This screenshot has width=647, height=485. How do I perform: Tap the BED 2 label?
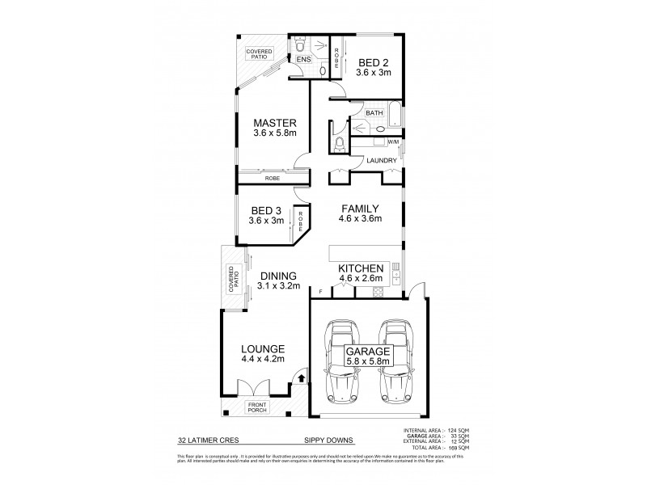(x=373, y=61)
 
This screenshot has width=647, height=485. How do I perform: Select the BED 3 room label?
(x=266, y=208)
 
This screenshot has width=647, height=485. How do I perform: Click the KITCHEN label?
(x=360, y=268)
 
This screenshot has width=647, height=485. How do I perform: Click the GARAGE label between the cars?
(x=369, y=352)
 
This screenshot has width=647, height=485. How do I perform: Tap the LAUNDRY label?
(x=381, y=160)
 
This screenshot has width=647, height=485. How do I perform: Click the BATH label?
(x=373, y=114)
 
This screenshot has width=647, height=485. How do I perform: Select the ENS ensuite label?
(x=303, y=59)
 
